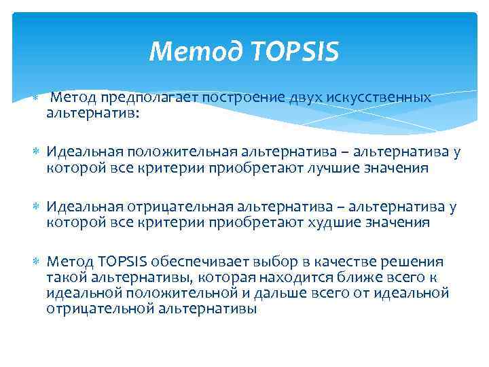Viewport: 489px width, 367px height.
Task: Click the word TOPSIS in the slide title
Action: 296,51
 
